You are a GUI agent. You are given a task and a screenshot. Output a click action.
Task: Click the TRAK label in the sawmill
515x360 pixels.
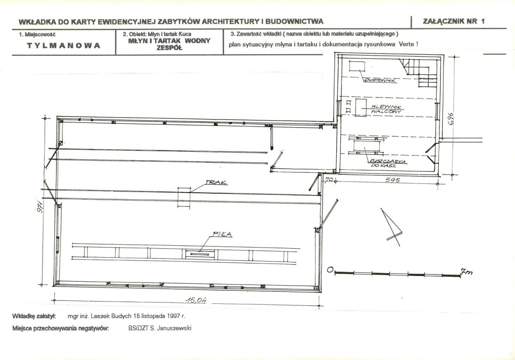[x=216, y=182]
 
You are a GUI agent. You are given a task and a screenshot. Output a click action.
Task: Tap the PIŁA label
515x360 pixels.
[x=222, y=235]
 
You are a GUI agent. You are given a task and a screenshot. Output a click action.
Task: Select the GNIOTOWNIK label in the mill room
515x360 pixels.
[x=381, y=80]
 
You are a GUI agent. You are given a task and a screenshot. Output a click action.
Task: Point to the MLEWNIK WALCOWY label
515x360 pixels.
[x=386, y=109]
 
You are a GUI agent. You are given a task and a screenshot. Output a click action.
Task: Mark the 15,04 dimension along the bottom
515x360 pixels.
[x=196, y=300]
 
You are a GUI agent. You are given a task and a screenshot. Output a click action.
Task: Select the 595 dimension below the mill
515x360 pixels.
[x=392, y=180]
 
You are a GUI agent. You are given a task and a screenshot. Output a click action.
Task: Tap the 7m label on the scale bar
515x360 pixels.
[x=466, y=272]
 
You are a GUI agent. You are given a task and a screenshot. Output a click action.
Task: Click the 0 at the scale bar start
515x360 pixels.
[x=330, y=270]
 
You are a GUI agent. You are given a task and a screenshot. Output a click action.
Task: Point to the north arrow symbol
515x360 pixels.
[x=391, y=227]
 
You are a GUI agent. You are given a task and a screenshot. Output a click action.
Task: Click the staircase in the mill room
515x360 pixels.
[x=419, y=72]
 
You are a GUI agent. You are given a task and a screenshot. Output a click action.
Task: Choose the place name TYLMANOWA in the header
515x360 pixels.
[x=64, y=46]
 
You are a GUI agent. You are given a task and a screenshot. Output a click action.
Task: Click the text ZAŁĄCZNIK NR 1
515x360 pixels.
[x=454, y=21]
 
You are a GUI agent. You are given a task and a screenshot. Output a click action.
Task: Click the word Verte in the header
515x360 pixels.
[x=406, y=44]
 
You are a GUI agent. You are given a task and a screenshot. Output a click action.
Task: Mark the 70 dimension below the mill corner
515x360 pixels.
[x=329, y=179]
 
